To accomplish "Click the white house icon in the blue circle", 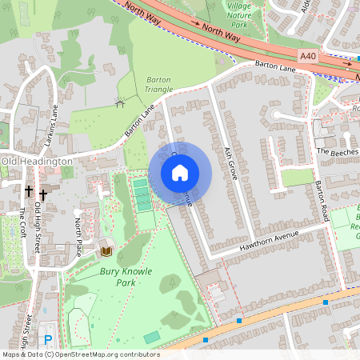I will pos(180,172).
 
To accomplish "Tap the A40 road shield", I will pos(309,55).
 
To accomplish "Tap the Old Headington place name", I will pos(37,161).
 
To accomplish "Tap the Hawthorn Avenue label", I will pos(268,243).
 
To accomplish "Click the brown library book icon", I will pos(106,252).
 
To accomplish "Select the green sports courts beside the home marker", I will pos(142,194).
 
